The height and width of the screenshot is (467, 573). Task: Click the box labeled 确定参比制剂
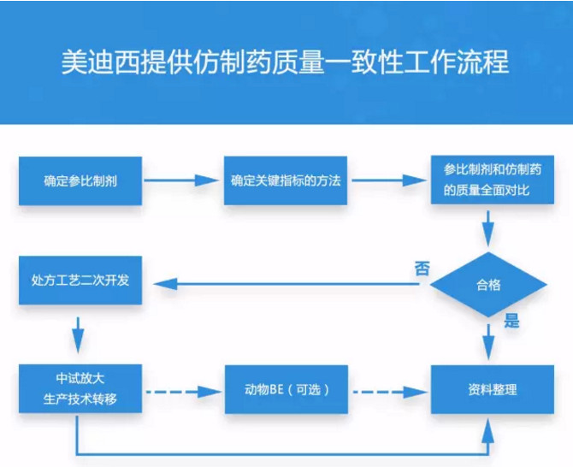click(80, 180)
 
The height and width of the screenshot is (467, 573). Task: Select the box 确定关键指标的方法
click(286, 180)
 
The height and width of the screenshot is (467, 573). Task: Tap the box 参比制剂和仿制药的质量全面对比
click(487, 180)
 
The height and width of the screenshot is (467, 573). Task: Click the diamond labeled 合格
click(487, 285)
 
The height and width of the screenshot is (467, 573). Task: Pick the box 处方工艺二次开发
click(80, 280)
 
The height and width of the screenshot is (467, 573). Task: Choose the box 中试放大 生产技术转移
click(80, 389)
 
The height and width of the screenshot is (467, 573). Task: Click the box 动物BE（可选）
click(286, 390)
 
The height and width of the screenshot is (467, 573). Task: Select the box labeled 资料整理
click(487, 390)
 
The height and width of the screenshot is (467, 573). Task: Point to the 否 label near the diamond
click(422, 268)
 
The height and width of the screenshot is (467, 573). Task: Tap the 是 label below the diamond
click(512, 322)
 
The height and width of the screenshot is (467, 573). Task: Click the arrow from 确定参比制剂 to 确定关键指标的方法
click(182, 180)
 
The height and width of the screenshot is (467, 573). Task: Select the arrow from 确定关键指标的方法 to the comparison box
click(387, 180)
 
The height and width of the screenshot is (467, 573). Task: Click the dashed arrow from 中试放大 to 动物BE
click(182, 392)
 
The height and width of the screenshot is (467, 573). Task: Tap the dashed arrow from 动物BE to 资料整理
click(387, 392)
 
